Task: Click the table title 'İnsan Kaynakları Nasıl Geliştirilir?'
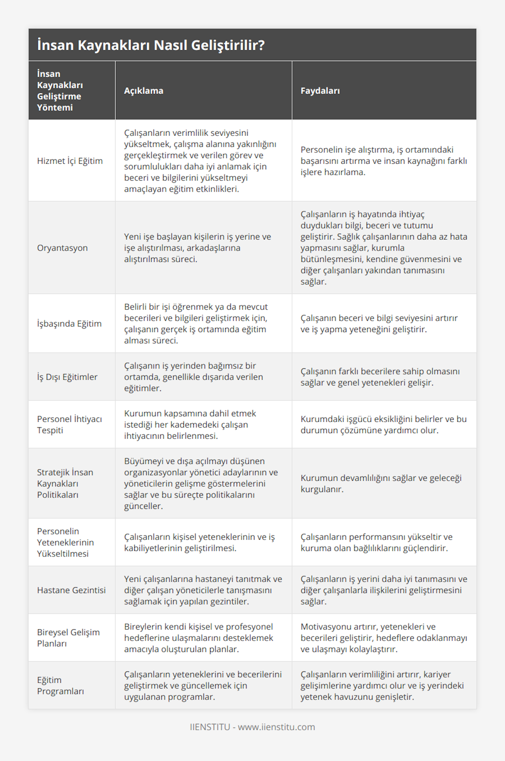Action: click(151, 45)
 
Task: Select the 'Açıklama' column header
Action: click(144, 90)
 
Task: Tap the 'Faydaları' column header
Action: click(320, 90)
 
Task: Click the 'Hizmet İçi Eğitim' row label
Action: click(70, 161)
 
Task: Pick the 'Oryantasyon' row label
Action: click(62, 248)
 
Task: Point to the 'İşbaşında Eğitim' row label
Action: click(69, 324)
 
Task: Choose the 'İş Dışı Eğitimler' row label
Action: click(67, 377)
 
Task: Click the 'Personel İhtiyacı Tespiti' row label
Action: click(69, 425)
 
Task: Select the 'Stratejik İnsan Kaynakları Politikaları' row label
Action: click(65, 484)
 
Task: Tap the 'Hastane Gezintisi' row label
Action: click(71, 590)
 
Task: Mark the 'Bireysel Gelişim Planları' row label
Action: click(68, 638)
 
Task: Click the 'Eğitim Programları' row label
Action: click(61, 685)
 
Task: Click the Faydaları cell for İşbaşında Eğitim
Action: click(379, 324)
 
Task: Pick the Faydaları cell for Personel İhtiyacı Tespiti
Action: click(383, 425)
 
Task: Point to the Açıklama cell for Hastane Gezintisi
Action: click(203, 590)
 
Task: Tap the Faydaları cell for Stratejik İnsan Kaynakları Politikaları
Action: click(381, 484)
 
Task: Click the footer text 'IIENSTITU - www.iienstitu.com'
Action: click(252, 727)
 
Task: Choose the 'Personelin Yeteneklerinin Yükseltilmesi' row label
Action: click(65, 543)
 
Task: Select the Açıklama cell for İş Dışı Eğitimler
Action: click(194, 377)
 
